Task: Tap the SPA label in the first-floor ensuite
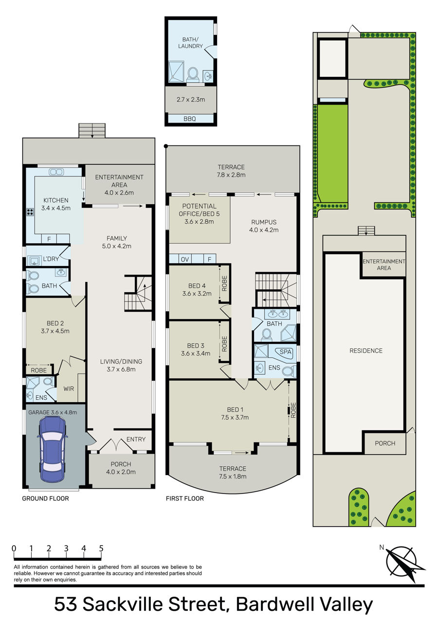click(x=285, y=352)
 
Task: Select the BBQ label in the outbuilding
click(x=190, y=119)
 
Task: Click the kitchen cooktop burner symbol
click(x=30, y=212)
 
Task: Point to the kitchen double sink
click(x=56, y=172)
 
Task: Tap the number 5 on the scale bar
click(x=101, y=548)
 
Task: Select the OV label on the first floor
click(x=185, y=259)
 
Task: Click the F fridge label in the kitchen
click(x=49, y=239)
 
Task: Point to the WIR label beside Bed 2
click(x=69, y=389)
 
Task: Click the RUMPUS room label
click(x=264, y=222)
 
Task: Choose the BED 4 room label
click(x=197, y=286)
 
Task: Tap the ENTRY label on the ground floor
click(x=136, y=439)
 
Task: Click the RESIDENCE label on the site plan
click(x=366, y=351)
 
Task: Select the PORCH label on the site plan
click(x=385, y=443)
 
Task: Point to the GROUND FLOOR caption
click(x=45, y=498)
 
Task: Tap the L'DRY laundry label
click(x=51, y=259)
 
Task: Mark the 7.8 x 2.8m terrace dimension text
click(x=231, y=175)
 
